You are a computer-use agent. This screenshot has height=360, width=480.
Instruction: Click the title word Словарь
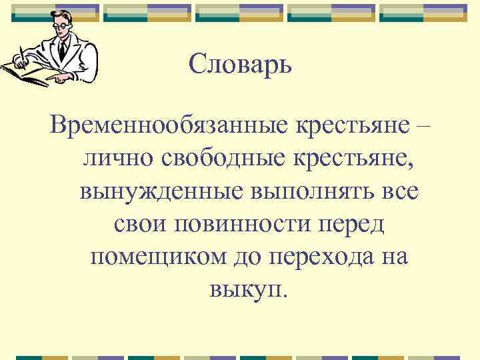tap(240, 65)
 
